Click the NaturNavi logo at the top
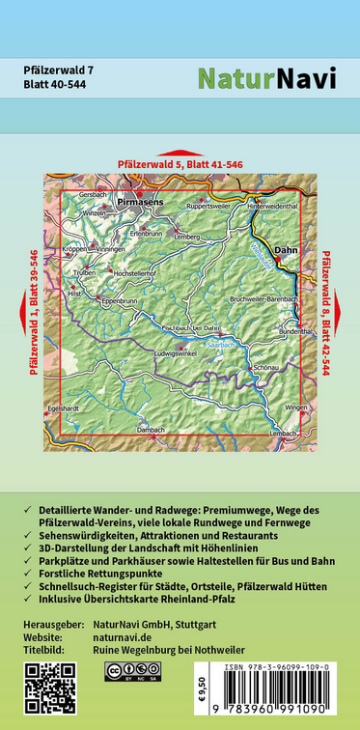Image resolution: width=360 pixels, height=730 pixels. [266, 78]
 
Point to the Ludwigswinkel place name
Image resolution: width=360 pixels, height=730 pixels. [189, 353]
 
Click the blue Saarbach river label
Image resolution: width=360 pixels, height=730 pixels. [221, 342]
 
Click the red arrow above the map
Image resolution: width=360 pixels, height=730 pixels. [180, 153]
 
